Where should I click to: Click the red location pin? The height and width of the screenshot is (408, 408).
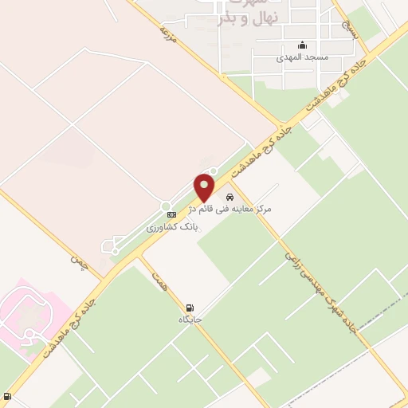point(205,187)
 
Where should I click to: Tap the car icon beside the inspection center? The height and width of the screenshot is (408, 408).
point(229,196)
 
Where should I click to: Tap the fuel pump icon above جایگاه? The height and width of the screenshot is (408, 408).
point(189,308)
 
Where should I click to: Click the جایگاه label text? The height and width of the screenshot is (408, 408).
point(191,320)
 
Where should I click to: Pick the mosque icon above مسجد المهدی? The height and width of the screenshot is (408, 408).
point(302,45)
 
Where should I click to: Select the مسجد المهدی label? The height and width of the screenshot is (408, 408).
point(296,58)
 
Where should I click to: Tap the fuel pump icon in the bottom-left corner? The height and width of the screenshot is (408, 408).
point(8,396)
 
